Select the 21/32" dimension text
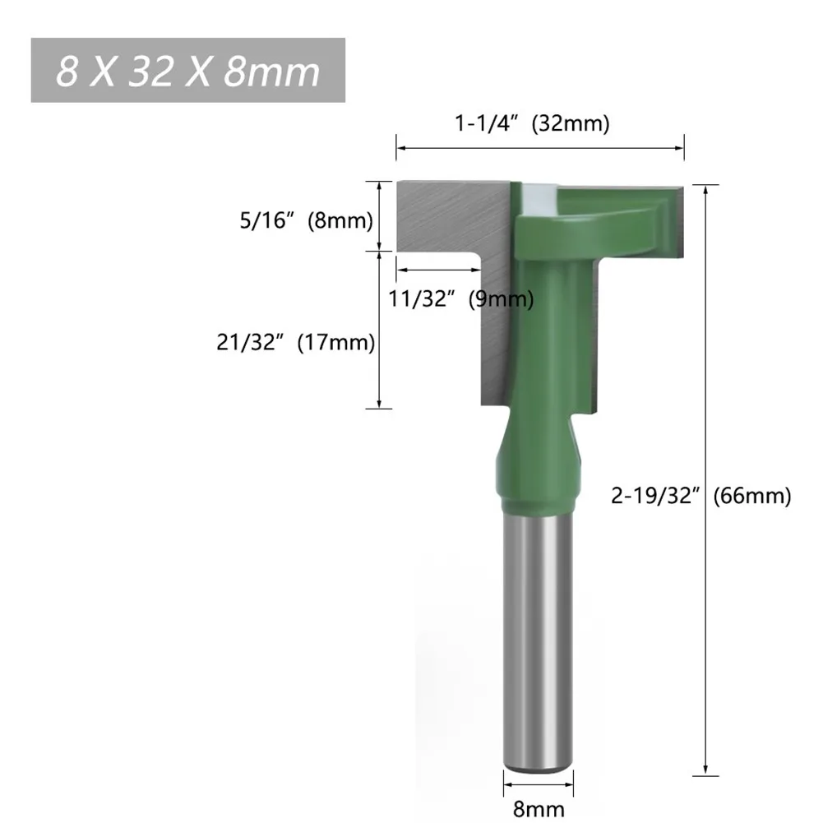coord(250,342)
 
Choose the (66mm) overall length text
coord(751,496)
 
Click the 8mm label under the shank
coord(539,808)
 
